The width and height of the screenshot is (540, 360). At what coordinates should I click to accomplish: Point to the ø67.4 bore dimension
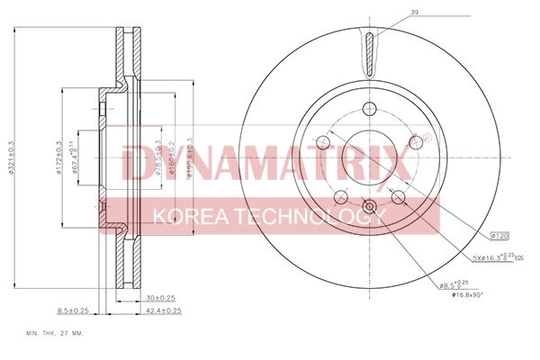pos(76,159)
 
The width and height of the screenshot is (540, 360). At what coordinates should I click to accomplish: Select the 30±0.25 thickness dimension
pos(160,298)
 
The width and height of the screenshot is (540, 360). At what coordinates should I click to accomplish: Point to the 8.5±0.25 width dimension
pos(73,310)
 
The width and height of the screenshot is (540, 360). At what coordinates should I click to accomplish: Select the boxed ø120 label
pos(500,236)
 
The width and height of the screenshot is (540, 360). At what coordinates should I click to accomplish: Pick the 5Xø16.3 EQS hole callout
pos(494,257)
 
